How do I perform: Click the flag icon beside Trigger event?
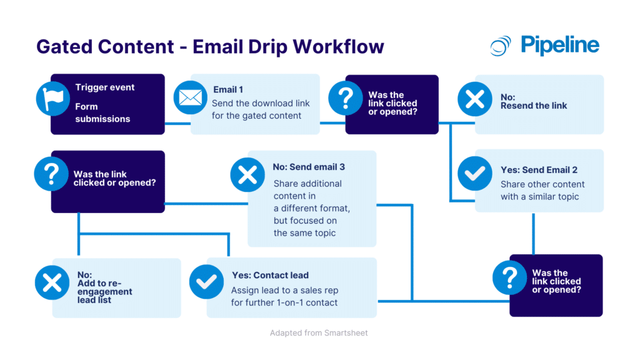[x=52, y=99]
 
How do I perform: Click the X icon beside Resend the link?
[x=474, y=99]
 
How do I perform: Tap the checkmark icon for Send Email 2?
[x=474, y=174]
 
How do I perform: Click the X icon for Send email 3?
[x=247, y=174]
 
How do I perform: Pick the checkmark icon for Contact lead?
[x=206, y=282]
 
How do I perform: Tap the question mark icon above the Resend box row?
[x=345, y=98]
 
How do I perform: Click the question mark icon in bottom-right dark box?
[x=509, y=277]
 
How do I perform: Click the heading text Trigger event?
[x=104, y=87]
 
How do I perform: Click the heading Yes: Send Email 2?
[x=539, y=170]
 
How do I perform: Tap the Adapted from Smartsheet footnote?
[x=319, y=333]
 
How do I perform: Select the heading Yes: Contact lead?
[x=269, y=275]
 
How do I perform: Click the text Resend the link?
[x=533, y=106]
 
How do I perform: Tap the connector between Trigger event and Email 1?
[x=177, y=124]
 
